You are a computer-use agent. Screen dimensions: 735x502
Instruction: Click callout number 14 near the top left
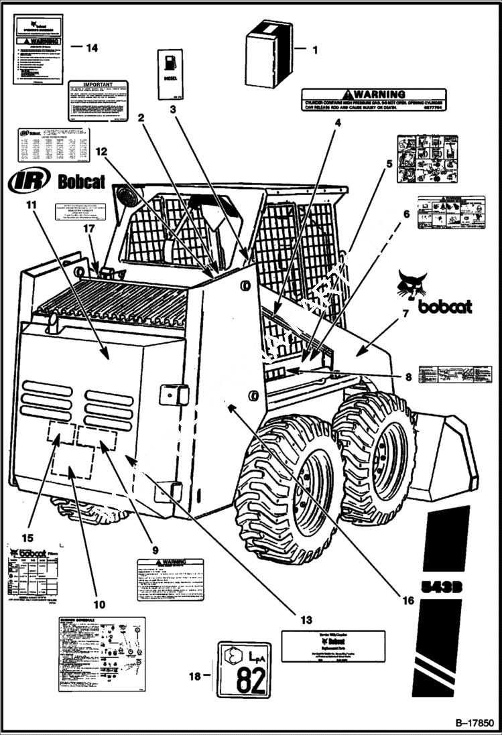(92, 48)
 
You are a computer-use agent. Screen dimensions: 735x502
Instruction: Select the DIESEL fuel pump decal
(170, 74)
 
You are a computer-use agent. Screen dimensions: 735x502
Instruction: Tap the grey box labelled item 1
(269, 53)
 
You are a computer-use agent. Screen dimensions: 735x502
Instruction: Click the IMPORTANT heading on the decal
(97, 86)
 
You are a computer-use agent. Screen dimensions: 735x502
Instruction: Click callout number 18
(195, 677)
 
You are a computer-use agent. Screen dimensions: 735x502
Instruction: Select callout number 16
(408, 600)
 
